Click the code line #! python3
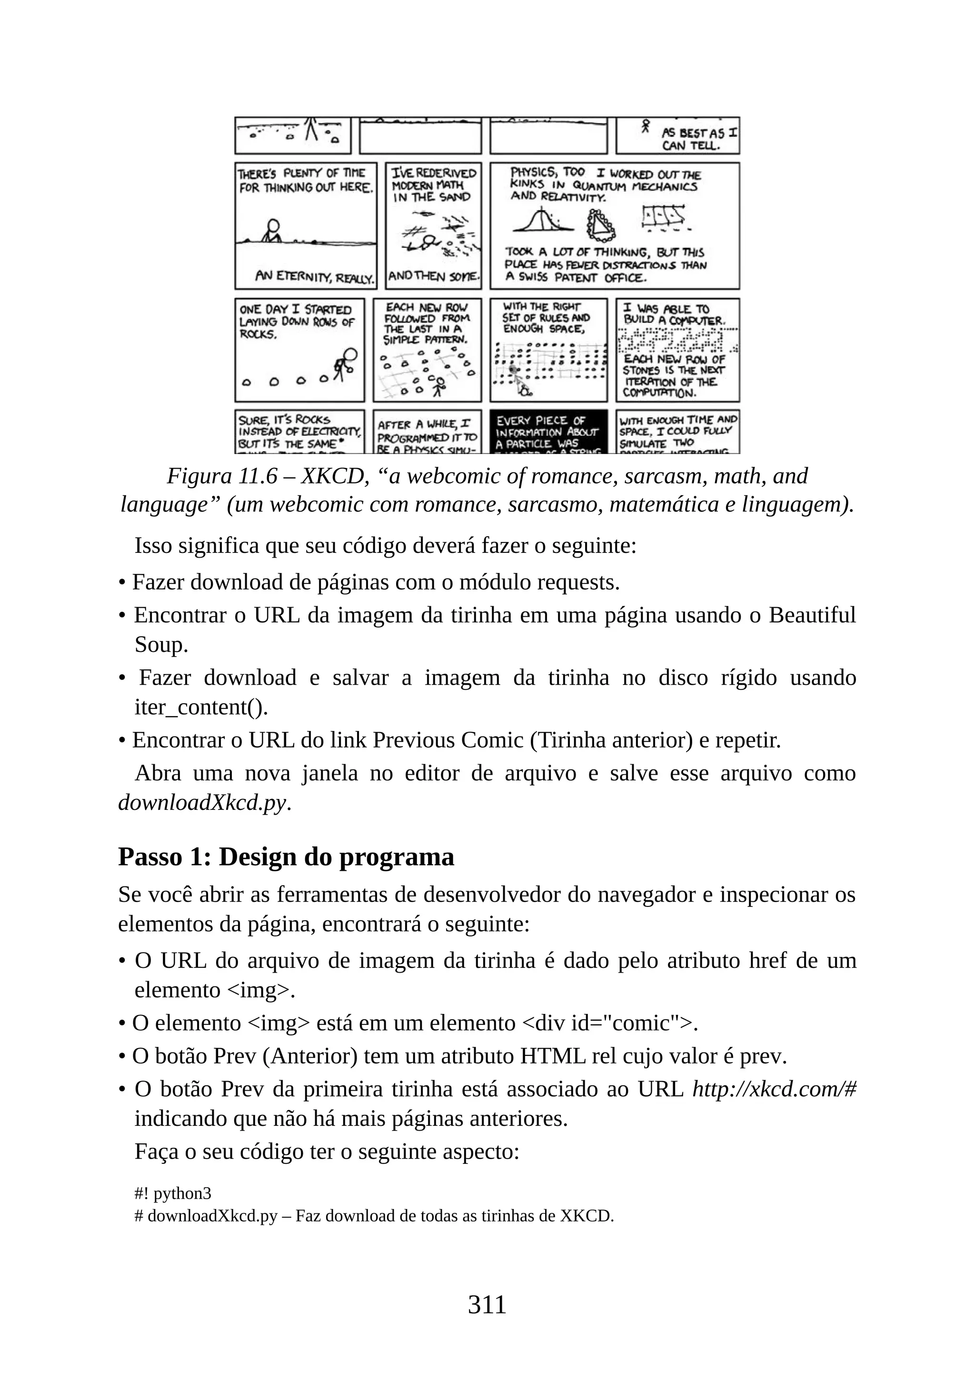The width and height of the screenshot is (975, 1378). tap(173, 1193)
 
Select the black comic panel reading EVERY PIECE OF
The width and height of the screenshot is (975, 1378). tap(548, 432)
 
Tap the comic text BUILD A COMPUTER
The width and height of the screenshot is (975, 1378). tap(674, 321)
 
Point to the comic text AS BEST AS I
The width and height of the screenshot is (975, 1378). tap(699, 133)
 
